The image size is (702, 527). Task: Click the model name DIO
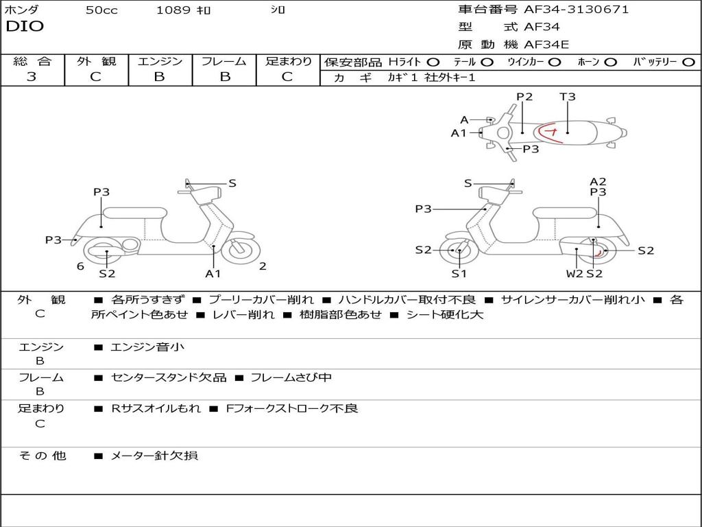coord(25,27)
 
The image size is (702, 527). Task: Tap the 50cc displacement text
coord(101,10)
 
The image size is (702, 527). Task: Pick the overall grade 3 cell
coord(32,77)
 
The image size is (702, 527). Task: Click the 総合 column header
coord(32,61)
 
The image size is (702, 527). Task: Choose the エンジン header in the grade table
coord(160,61)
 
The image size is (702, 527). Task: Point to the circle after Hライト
coord(433,62)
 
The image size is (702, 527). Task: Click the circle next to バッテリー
coord(688,62)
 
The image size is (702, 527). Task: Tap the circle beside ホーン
coord(611,62)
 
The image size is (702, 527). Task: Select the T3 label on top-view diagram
coord(568,97)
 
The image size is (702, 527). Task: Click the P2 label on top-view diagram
coord(524,97)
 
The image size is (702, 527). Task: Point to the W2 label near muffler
coord(574,274)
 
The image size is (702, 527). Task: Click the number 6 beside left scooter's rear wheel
coord(80,266)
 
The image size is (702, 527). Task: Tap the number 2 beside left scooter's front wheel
coord(263,266)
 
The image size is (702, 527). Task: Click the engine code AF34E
coord(546,45)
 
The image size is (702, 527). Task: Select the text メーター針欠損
coord(154,456)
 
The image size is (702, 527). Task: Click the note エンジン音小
coord(147,347)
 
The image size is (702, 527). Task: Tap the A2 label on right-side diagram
coord(598,182)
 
